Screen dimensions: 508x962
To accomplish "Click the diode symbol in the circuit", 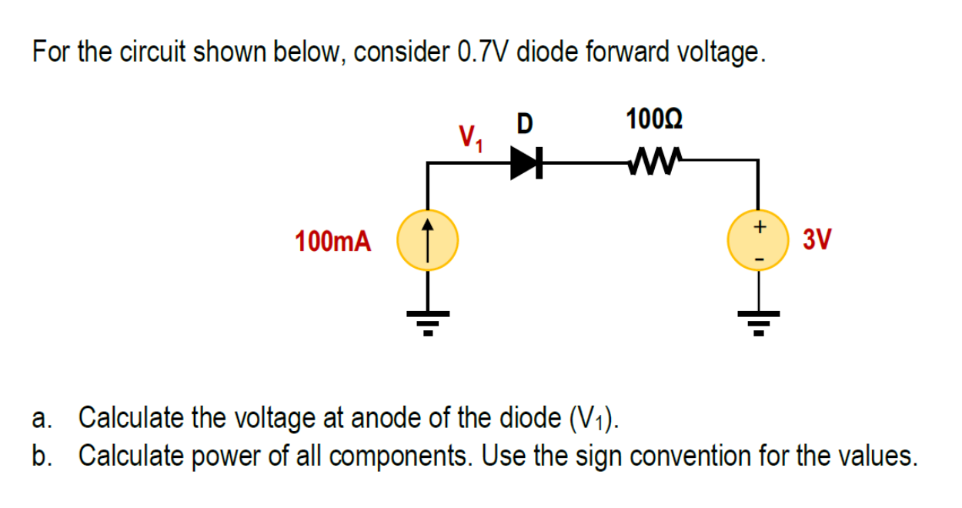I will click(526, 162).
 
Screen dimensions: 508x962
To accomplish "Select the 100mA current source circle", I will click(427, 241).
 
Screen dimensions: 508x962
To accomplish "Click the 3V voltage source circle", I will click(759, 241).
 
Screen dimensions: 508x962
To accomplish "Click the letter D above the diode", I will click(524, 123).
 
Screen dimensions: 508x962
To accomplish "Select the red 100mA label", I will click(332, 242).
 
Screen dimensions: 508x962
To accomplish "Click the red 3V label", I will click(817, 240).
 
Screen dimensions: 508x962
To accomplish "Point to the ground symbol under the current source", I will click(427, 321).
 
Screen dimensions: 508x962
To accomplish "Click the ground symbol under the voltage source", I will click(759, 321).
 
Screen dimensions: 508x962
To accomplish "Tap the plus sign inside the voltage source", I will click(759, 227).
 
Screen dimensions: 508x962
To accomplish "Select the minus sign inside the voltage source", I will click(759, 257).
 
